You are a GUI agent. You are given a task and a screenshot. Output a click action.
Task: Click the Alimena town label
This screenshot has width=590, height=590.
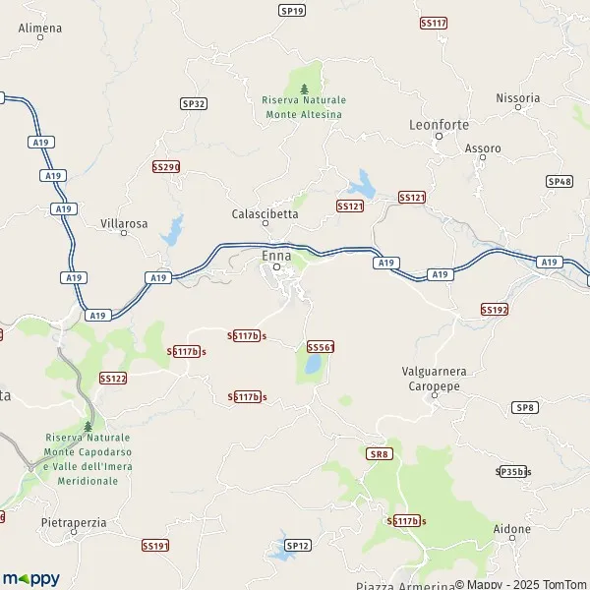coord(40,29)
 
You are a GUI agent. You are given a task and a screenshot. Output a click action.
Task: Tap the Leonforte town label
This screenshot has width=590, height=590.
coord(439,125)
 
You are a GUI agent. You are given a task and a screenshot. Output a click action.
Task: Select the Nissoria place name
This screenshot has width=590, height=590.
coord(518,98)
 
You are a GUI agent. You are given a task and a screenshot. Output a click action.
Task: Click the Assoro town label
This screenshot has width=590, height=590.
coord(483,148)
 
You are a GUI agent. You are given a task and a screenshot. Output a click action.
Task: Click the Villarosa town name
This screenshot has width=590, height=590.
coord(124,223)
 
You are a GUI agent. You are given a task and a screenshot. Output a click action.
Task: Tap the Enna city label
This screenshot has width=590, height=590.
coord(276,256)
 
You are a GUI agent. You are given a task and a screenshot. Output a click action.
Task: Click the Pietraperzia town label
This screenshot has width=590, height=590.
coord(74,522)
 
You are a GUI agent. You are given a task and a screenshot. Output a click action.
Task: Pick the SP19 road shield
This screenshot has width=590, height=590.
coord(292,10)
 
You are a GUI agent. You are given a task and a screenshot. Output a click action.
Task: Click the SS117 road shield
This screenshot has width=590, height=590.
coord(433,22)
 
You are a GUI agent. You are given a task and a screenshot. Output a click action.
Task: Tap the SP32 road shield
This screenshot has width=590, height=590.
coord(194,103)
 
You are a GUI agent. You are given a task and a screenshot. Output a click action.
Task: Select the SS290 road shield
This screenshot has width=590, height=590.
coord(166,167)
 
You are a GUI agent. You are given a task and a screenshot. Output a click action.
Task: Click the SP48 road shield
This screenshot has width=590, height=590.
coord(560,181)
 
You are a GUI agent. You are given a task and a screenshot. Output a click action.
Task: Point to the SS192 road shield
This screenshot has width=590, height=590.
coord(494,309)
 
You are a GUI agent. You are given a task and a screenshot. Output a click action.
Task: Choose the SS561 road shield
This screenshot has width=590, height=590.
coord(321,347)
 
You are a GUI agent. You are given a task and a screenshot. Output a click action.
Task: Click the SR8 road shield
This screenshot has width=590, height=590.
coord(379,453)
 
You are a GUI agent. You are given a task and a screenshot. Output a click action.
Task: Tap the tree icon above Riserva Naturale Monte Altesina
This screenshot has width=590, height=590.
coord(304,88)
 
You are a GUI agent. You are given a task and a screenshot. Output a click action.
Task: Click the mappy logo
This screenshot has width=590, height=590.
coord(30,578)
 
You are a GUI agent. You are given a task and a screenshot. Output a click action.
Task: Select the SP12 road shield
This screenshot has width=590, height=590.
coord(298,545)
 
